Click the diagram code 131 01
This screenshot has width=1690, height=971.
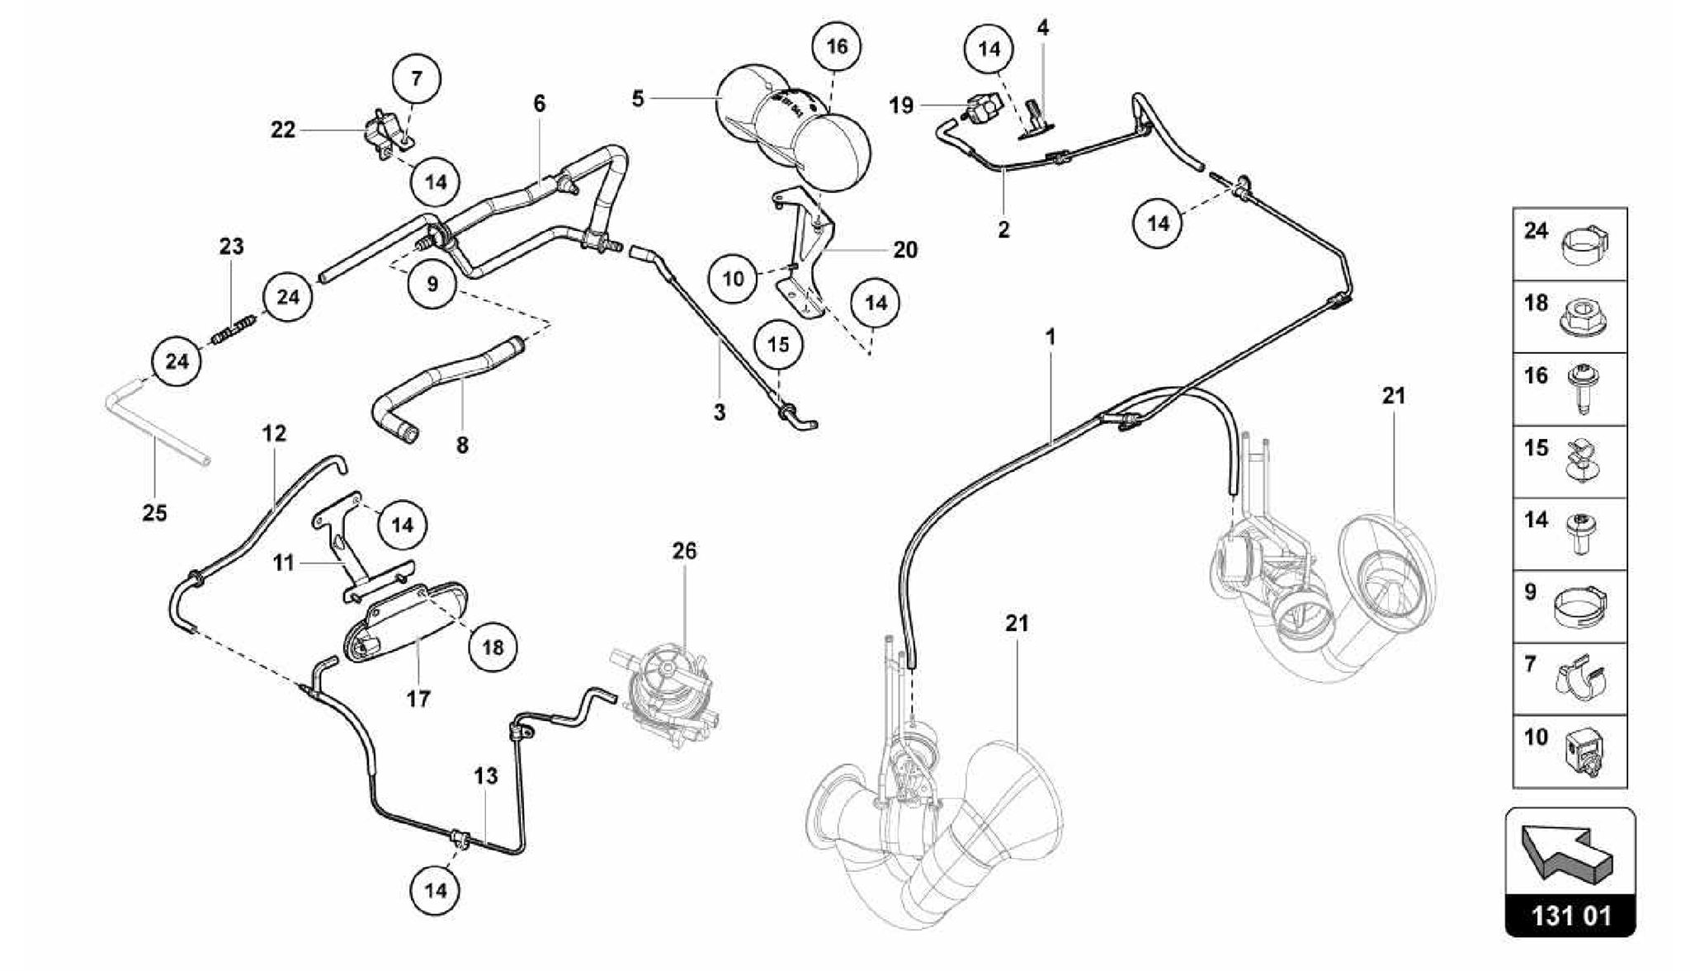(1570, 916)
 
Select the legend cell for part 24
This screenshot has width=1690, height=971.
(1570, 244)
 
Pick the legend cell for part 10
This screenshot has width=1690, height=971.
(1570, 751)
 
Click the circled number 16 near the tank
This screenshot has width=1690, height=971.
(836, 46)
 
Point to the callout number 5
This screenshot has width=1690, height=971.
(637, 99)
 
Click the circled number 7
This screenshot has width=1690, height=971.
(416, 78)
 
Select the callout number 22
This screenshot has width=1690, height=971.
(283, 130)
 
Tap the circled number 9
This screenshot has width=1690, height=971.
(432, 285)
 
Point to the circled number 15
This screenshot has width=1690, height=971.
(778, 345)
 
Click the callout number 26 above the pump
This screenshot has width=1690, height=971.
(684, 551)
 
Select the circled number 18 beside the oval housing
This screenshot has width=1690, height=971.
(493, 648)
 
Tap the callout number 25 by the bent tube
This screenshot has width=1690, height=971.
(154, 513)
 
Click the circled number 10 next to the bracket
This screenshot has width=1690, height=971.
(733, 279)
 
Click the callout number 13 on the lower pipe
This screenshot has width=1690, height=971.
(486, 776)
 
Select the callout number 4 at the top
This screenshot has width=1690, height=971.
(1042, 28)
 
